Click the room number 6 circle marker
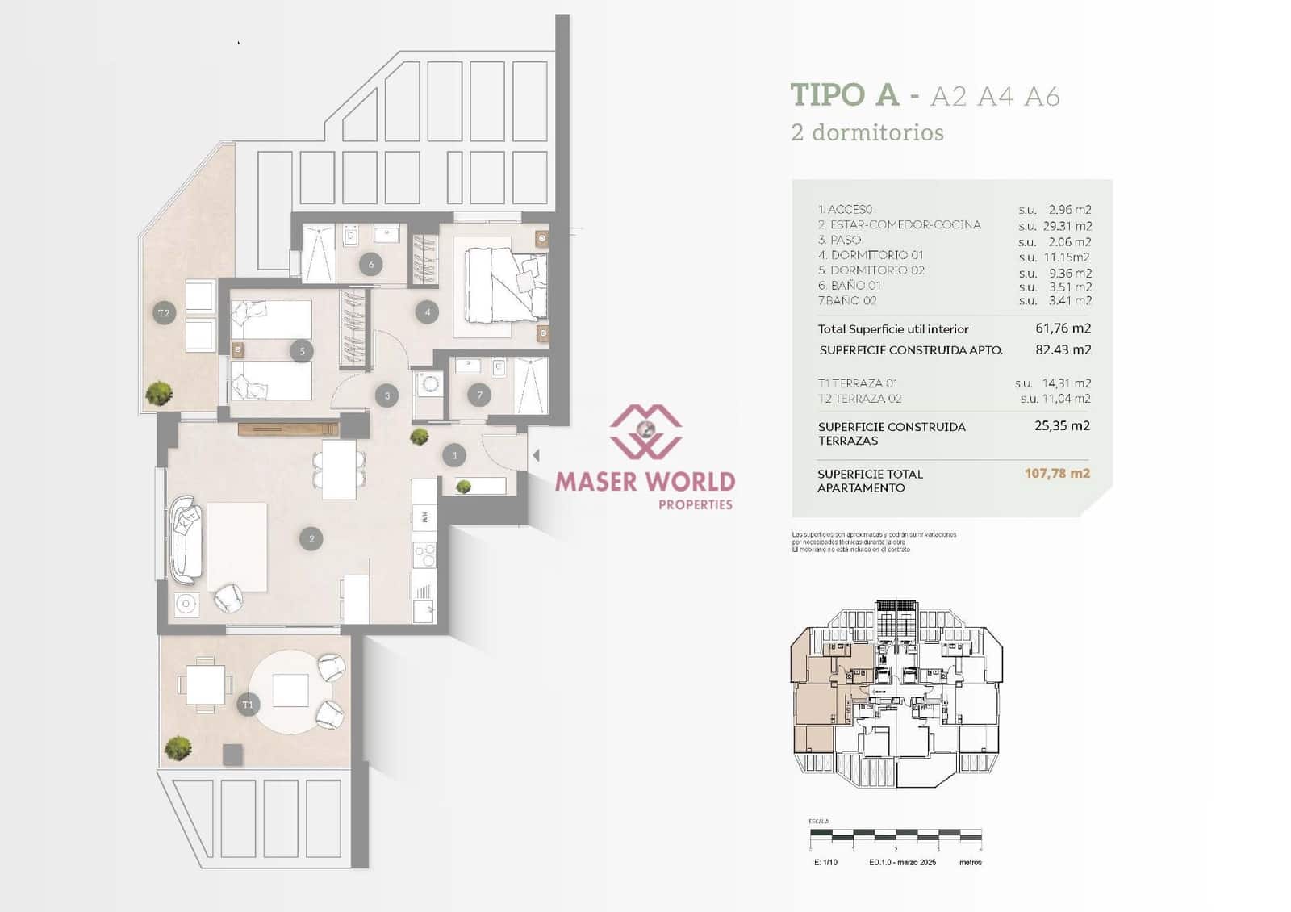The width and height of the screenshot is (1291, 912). pos(371,264)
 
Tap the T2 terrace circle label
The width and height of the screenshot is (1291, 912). pos(164,312)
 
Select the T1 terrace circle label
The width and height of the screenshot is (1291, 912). pos(248,705)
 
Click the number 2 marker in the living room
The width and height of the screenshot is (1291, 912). pos(311,538)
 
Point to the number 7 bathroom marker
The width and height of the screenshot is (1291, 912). pos(479,395)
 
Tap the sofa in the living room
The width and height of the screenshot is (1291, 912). pos(186,538)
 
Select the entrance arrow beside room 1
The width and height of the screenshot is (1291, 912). pos(536,456)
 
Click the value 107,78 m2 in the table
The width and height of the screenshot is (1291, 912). pos(1057,474)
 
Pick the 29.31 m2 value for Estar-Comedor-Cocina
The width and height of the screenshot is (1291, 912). pos(1067,226)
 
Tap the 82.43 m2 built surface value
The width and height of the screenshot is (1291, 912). pos(1063,349)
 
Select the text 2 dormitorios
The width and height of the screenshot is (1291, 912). pos(867,132)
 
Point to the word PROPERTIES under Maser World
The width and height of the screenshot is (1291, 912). pos(696,504)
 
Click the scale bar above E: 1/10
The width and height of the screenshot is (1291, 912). pos(896,833)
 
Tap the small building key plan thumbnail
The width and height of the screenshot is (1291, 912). pos(896,694)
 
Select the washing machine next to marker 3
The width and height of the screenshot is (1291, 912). pos(428,383)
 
